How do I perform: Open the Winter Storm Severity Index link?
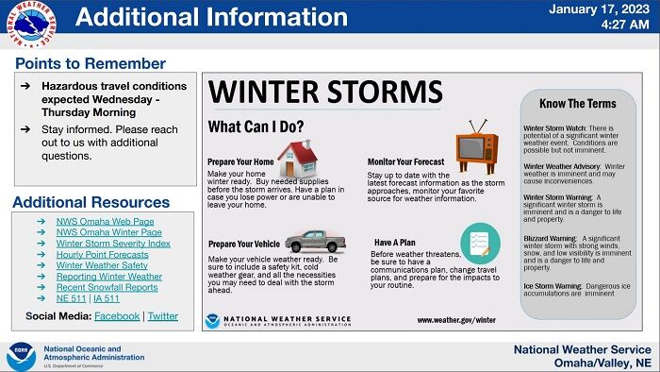(113, 243)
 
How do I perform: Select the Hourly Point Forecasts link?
(102, 254)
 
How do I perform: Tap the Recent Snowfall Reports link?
(107, 287)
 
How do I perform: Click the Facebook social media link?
(117, 316)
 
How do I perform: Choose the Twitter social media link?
(163, 316)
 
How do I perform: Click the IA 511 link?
(107, 298)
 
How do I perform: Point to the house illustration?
(297, 159)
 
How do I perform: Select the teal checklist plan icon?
(479, 243)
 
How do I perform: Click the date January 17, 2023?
(600, 9)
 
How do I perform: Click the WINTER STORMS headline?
(325, 93)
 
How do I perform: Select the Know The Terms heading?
(577, 104)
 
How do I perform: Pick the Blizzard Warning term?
(551, 238)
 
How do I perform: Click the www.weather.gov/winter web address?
(456, 320)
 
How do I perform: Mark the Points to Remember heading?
(91, 64)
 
